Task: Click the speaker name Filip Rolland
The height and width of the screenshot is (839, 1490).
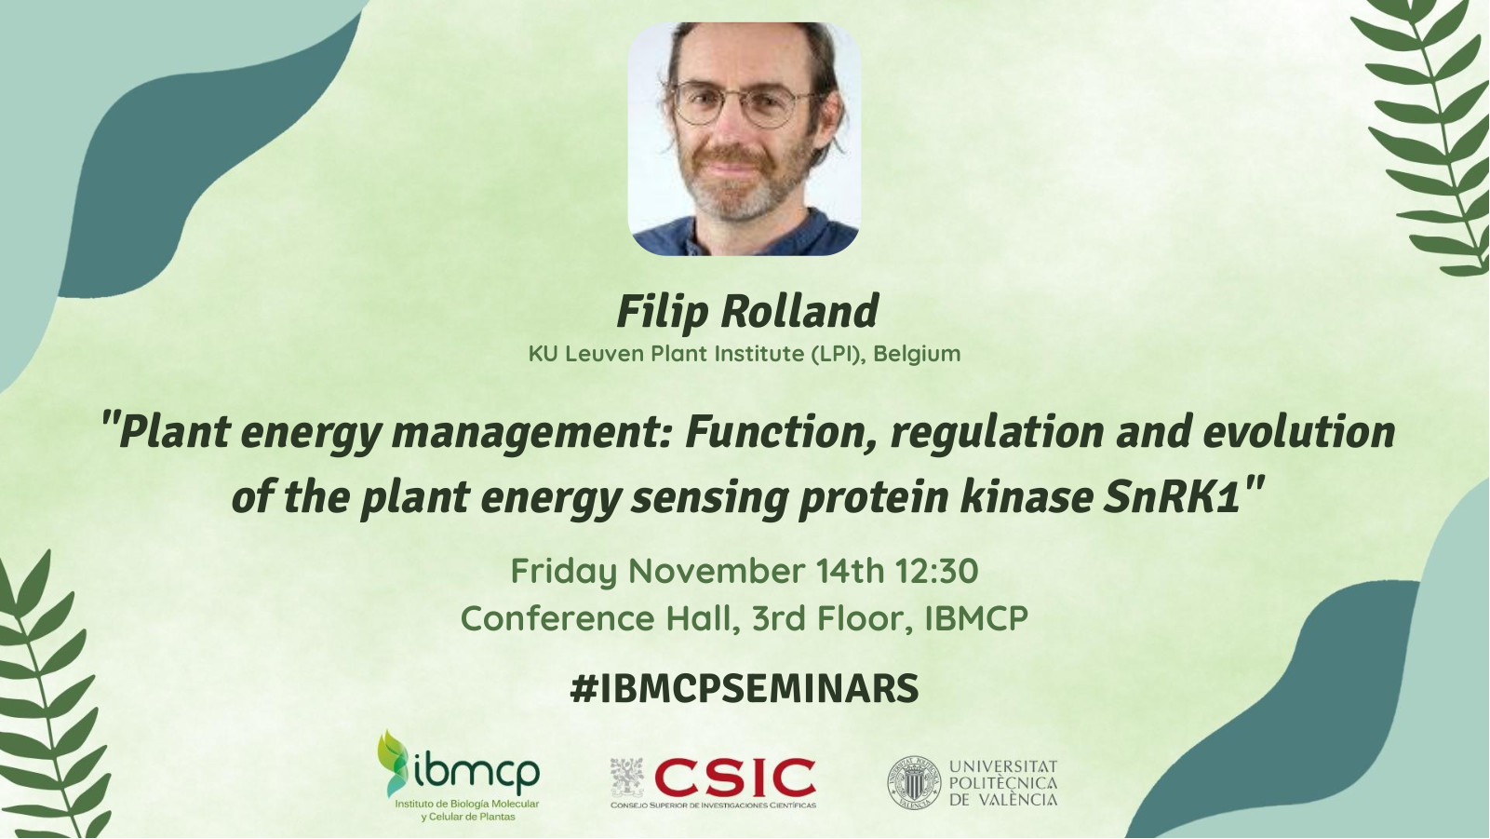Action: click(747, 312)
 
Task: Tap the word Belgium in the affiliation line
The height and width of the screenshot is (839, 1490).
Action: click(917, 354)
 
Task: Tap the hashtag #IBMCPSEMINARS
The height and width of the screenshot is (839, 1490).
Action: click(744, 688)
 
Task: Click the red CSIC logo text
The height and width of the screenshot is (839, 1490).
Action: click(734, 778)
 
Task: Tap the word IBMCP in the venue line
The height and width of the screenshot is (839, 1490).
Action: click(976, 618)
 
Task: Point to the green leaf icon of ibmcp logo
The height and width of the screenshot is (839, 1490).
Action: click(393, 763)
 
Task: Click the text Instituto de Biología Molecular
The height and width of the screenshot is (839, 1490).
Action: click(467, 804)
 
